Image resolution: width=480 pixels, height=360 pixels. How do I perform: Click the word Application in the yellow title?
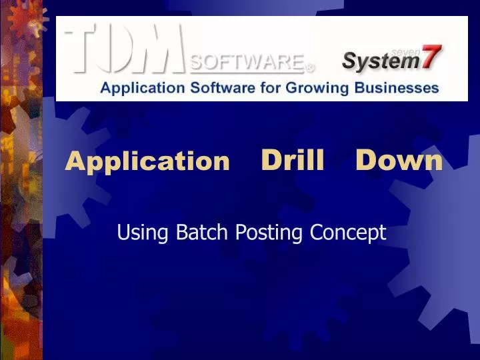click(147, 161)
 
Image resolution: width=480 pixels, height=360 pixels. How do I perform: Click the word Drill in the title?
click(292, 160)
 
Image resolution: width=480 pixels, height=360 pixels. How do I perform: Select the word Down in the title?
click(399, 160)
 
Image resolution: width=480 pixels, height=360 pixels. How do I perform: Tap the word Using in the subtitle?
click(136, 233)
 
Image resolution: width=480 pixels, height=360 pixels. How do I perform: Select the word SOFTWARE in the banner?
click(246, 62)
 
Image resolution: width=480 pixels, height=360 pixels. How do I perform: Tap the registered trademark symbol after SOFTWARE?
click(310, 67)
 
